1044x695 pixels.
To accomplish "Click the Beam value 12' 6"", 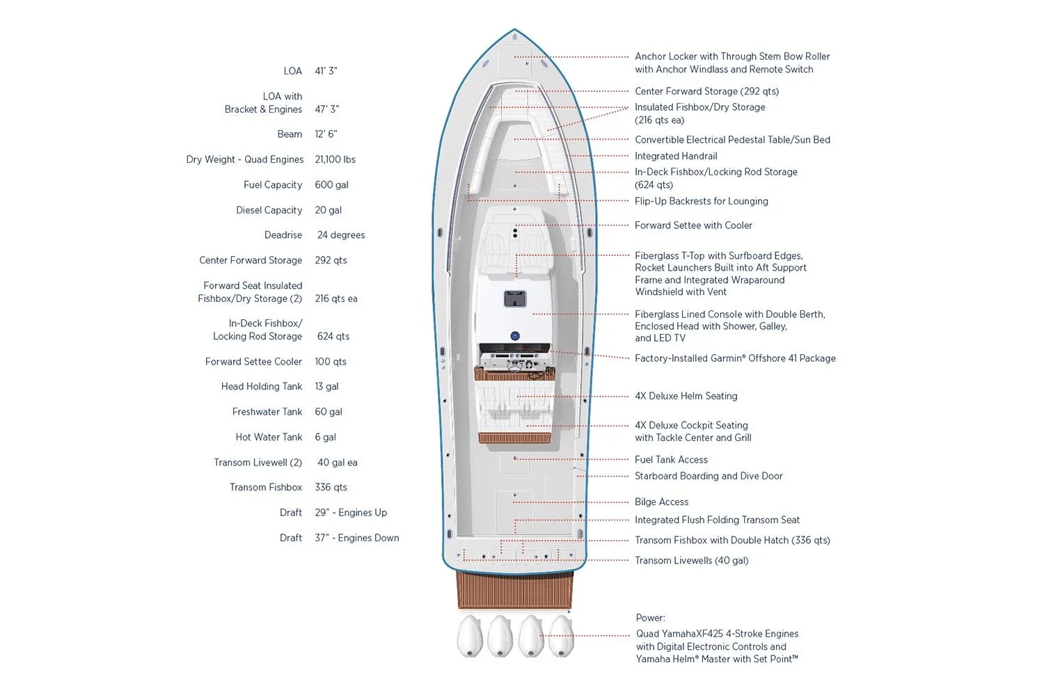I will click(326, 134).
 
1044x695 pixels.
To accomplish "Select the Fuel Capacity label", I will click(273, 185).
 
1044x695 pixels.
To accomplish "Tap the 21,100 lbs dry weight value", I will click(335, 159).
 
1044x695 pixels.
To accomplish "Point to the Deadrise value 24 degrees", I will click(341, 235).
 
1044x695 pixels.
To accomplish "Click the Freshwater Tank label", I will click(267, 412).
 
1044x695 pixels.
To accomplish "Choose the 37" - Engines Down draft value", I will click(357, 538).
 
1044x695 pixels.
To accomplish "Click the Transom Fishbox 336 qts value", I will click(331, 488).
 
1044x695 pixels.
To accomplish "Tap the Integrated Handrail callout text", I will click(676, 157).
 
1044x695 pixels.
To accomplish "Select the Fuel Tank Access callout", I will click(671, 460).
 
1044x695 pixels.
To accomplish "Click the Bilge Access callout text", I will click(661, 502).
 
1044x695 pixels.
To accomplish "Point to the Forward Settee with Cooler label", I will click(693, 225).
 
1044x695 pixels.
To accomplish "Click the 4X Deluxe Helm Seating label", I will click(686, 396).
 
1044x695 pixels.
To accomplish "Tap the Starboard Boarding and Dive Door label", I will click(709, 476).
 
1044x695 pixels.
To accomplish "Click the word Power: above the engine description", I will click(650, 618).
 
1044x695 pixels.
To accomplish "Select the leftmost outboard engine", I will click(470, 636).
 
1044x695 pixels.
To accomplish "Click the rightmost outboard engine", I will click(561, 636).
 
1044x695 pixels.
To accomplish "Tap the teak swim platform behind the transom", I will click(514, 590).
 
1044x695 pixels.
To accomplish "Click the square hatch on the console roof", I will click(515, 299).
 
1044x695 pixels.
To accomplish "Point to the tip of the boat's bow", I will click(514, 31).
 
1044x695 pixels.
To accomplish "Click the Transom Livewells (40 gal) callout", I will click(691, 561).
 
